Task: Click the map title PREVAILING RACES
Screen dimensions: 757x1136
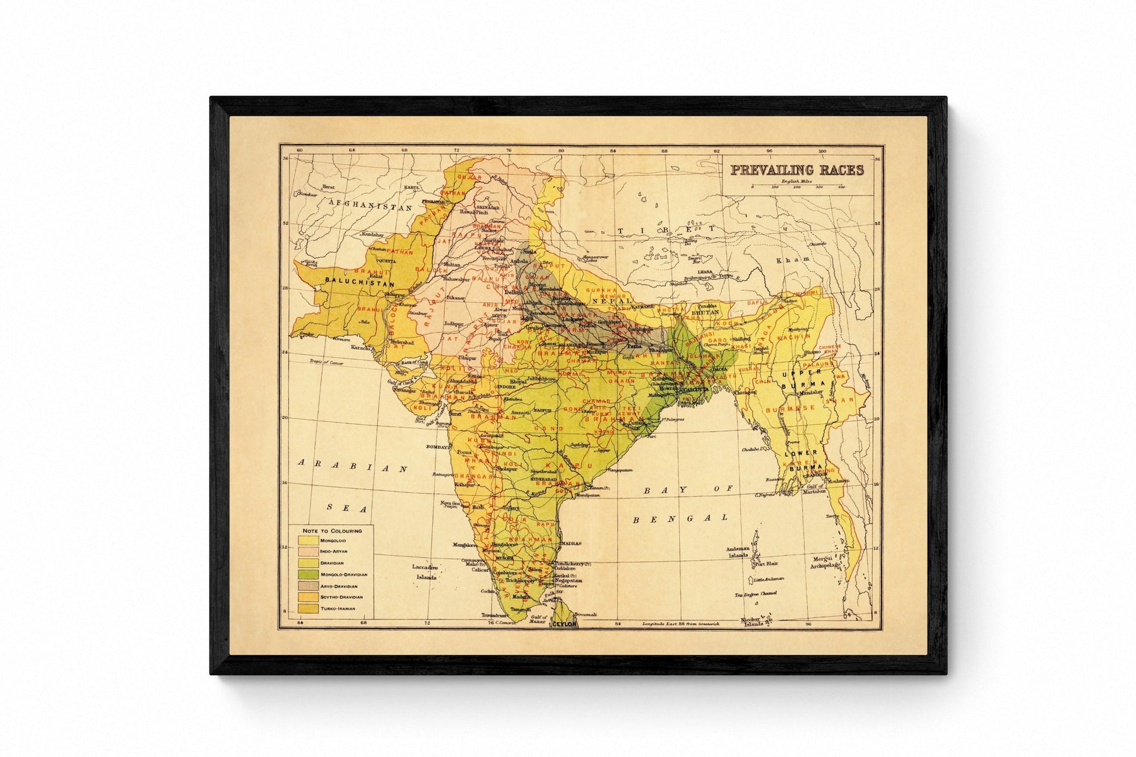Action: click(797, 170)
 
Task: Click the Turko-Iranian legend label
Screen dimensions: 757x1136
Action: click(338, 609)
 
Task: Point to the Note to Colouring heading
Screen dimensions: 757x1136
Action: click(332, 531)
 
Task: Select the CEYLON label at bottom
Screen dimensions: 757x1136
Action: click(564, 624)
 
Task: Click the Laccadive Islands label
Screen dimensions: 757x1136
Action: click(425, 572)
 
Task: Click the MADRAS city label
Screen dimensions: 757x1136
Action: click(571, 543)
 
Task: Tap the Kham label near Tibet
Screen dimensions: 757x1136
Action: click(793, 259)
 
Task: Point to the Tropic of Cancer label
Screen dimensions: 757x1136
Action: click(326, 362)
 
